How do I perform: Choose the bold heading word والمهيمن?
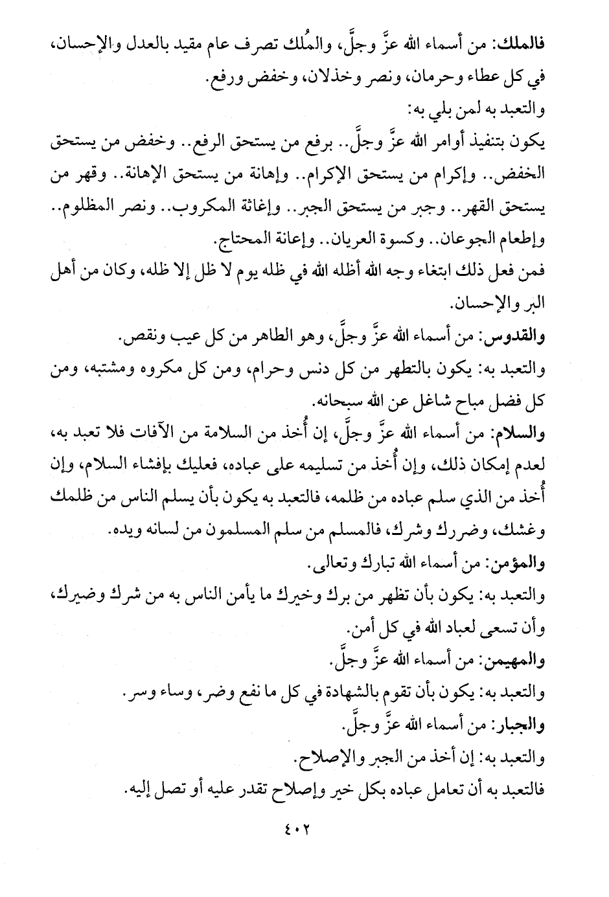[x=518, y=661]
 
